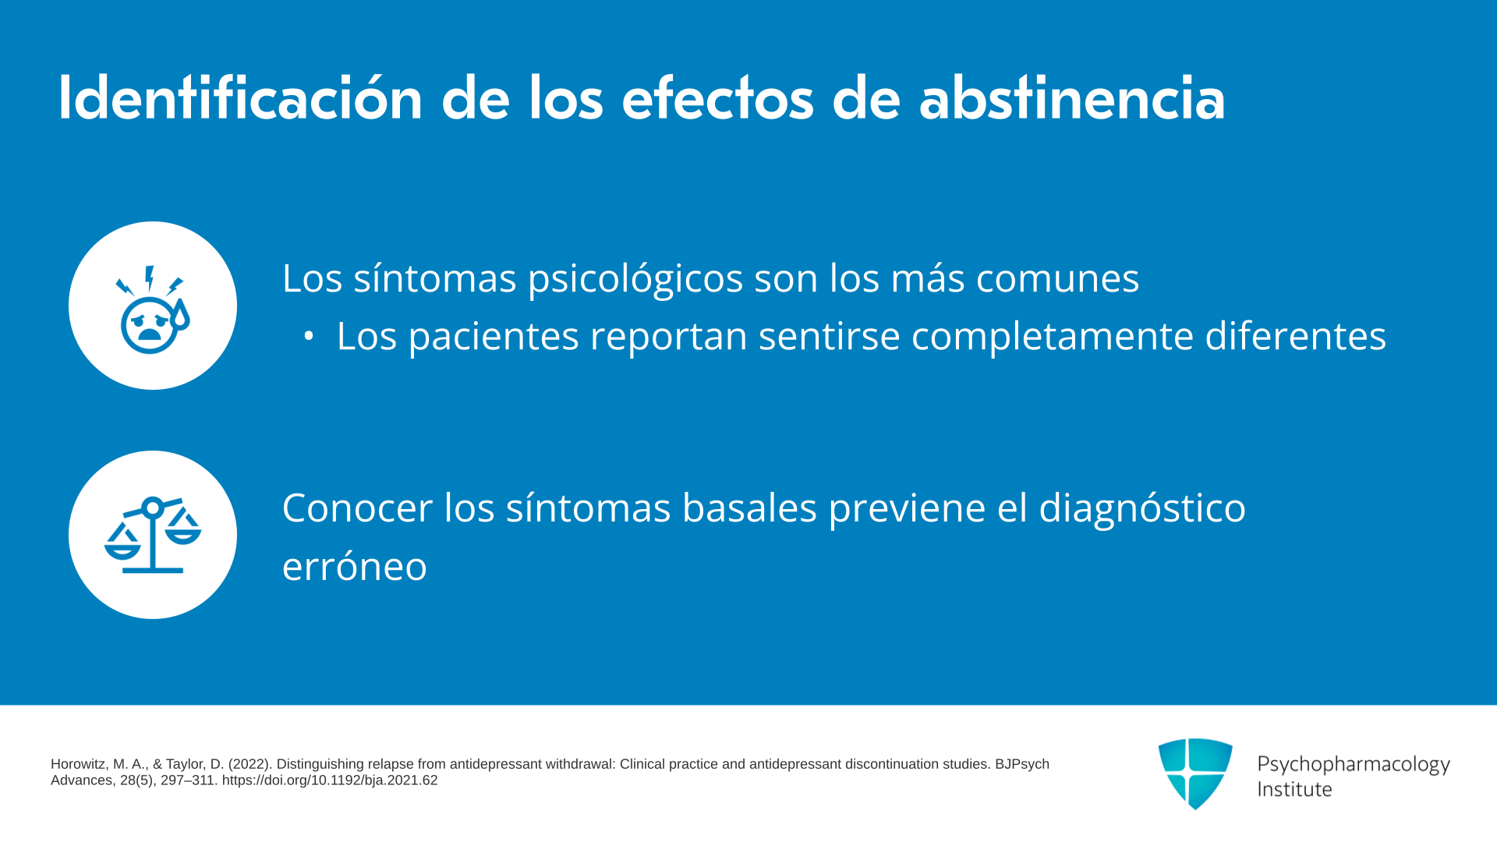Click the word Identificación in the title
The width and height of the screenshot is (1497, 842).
(240, 97)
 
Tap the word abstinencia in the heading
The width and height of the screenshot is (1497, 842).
(1072, 97)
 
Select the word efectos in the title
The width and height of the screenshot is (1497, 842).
(717, 97)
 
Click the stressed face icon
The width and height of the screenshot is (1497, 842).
(153, 310)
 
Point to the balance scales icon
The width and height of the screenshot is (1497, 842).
(153, 535)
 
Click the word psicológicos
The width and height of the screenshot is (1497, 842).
(635, 279)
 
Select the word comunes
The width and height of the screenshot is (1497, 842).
(1057, 278)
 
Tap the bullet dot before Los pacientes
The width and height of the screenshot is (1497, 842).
(309, 336)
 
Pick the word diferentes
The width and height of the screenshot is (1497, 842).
(1296, 336)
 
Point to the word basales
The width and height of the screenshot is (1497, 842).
(749, 508)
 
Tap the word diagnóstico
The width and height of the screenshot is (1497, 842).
(1142, 509)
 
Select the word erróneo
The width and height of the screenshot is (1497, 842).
(355, 566)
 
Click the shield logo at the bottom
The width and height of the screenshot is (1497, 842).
(1195, 773)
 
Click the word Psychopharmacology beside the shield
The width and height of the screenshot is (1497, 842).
(1354, 765)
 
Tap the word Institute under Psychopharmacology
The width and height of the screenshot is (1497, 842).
(1294, 789)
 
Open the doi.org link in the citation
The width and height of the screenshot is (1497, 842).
(330, 780)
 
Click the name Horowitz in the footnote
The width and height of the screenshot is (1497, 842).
(79, 764)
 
